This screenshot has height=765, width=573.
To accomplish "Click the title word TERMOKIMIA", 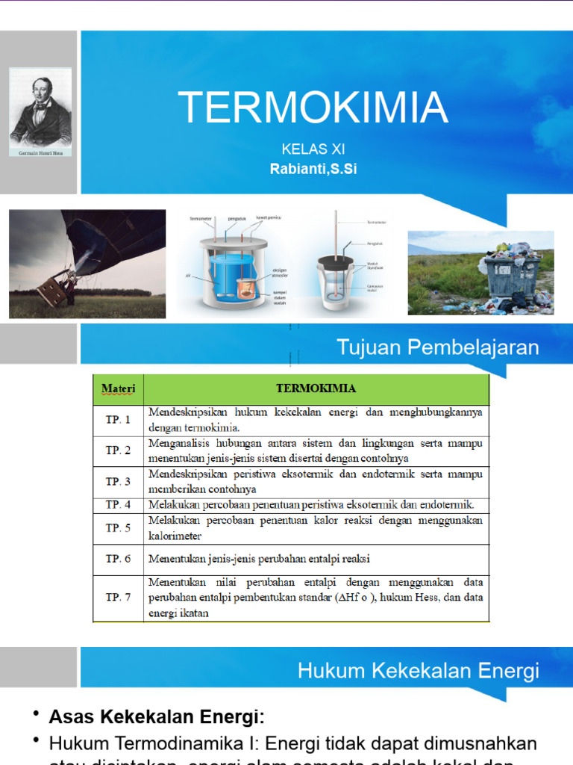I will pos(313,108).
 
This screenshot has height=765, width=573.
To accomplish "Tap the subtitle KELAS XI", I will pos(313,149).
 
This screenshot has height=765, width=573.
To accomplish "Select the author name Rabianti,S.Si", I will pos(313,169).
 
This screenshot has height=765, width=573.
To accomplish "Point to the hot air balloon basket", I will pos(57,287).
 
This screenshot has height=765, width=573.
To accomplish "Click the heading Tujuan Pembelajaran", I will pos(437,347).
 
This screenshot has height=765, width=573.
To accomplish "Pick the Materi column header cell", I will pos(118,389).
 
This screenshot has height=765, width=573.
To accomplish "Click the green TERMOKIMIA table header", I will pos(316,388).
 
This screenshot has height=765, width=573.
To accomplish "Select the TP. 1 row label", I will pos(118,420).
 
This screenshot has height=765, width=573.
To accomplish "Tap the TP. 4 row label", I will pos(118,504).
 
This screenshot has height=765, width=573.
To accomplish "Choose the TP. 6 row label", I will pos(118,559).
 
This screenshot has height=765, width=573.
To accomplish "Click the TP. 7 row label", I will pos(118,598).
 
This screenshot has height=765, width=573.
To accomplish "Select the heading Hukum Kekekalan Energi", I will pos(418,670).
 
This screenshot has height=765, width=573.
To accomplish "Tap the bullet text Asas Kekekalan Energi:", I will pos(157,717).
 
